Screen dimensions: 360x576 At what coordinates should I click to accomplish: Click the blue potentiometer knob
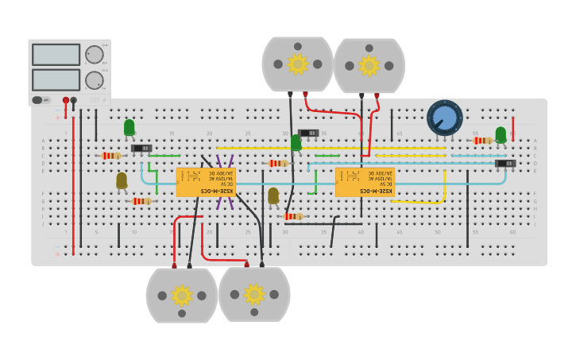pos(445,118)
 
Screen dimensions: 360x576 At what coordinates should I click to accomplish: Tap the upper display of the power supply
pos(56,54)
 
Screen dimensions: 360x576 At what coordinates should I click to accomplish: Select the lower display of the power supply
pos(56,79)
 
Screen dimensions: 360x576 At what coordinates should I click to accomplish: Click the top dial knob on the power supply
pos(94,54)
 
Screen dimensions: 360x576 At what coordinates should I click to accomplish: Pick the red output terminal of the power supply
pos(66,100)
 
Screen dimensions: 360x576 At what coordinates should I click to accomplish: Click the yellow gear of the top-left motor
pos(297,64)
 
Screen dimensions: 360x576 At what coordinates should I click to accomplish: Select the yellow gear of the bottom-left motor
pos(182,295)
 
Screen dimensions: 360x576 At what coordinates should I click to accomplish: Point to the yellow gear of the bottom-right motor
pos(254,294)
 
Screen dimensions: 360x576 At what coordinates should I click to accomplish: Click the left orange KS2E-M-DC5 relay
pos(206,182)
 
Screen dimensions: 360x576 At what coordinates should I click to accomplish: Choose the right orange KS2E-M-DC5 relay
pos(365,182)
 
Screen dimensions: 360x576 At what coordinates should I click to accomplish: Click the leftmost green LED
pos(130,127)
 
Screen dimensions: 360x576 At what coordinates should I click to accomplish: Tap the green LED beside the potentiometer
pos(501,134)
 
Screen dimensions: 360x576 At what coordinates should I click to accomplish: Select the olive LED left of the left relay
pos(122,180)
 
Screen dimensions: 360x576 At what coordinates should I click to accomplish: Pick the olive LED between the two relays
pos(273,195)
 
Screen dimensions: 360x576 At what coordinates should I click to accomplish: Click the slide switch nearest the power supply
pos(141,148)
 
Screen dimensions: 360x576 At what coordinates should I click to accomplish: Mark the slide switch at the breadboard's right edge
pos(505,164)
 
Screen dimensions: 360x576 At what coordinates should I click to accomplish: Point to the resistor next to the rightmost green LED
pos(481,141)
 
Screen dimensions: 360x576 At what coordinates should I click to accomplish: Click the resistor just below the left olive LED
pos(141,201)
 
